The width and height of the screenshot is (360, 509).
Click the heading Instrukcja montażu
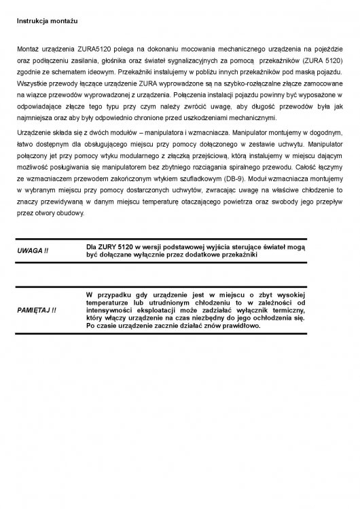click(46, 22)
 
